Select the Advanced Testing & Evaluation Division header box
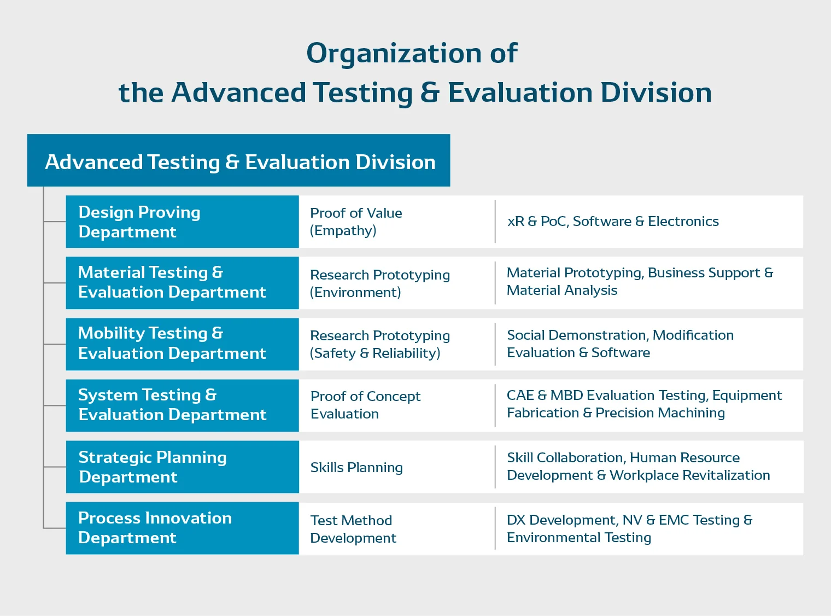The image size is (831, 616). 239,161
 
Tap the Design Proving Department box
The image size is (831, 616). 182,222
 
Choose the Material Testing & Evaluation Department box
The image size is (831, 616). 182,282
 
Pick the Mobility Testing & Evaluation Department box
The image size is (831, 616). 182,344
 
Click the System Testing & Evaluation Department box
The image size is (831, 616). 182,405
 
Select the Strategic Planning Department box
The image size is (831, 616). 182,467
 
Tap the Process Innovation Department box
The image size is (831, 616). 182,528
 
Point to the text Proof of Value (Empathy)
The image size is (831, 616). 356,222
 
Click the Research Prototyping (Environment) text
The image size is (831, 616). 379,283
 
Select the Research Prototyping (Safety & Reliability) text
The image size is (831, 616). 379,344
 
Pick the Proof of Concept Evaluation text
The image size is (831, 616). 365,405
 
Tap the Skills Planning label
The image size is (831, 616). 356,467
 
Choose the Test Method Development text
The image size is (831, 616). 353,529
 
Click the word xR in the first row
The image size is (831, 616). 516,222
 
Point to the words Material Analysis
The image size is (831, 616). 562,290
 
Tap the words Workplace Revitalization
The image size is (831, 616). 689,475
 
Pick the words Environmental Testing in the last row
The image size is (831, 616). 579,538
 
